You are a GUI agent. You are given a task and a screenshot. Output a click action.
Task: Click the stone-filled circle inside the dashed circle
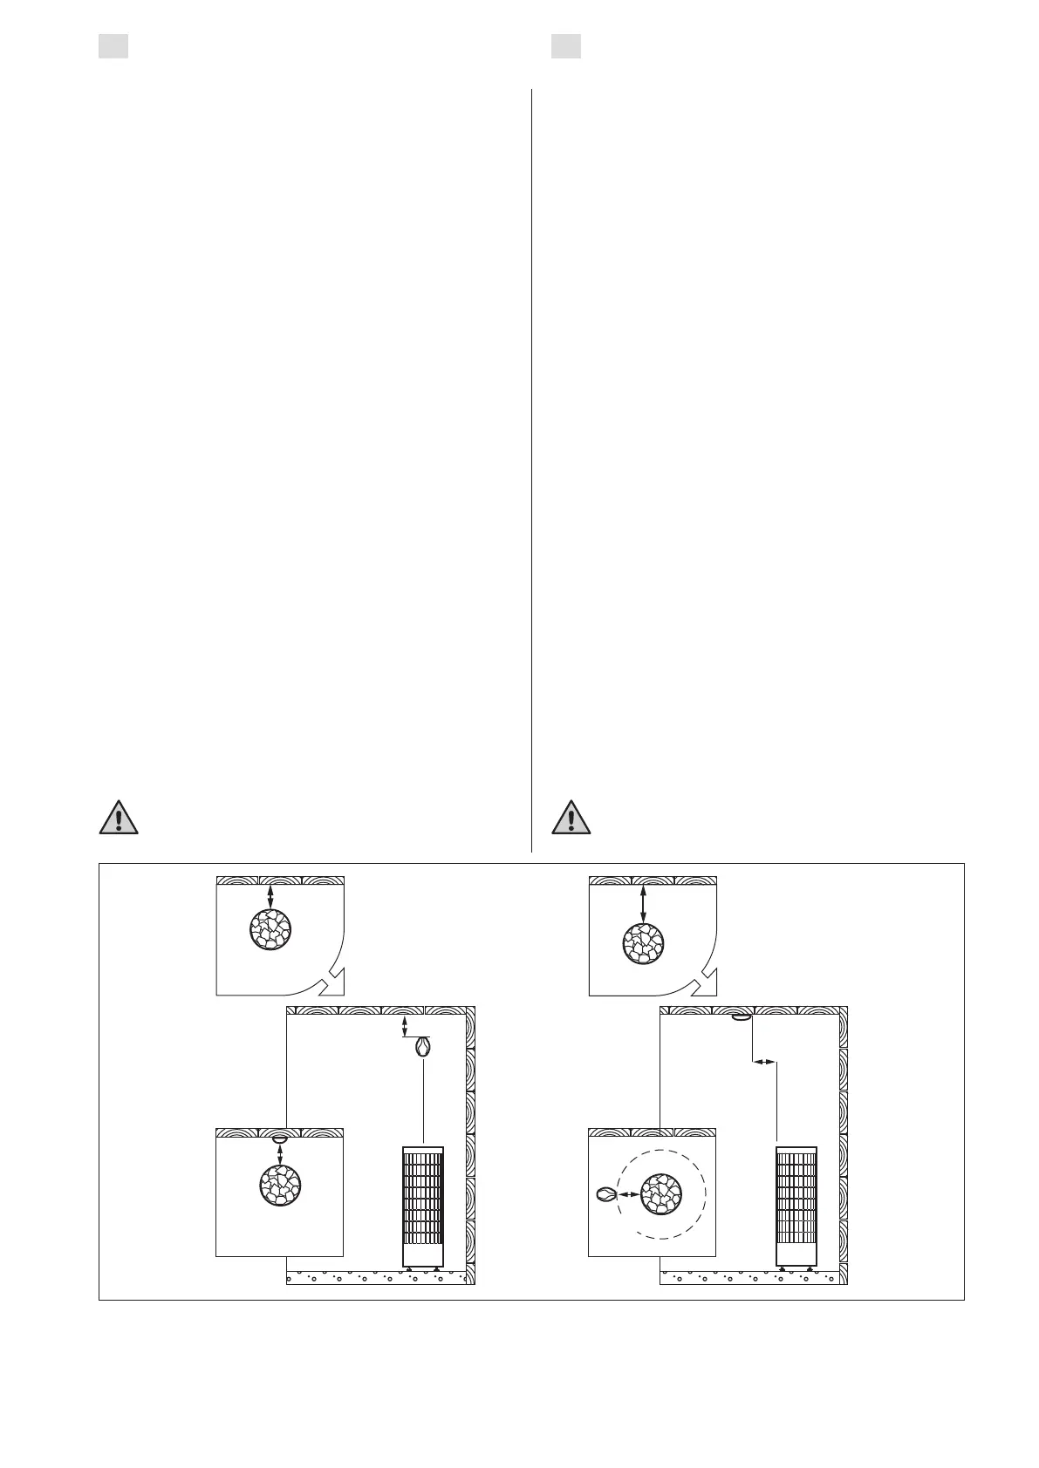pyautogui.click(x=661, y=1194)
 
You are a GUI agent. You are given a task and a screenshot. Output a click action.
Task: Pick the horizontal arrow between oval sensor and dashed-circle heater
pyautogui.click(x=627, y=1194)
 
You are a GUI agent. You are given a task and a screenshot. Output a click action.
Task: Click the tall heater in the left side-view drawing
pyautogui.click(x=423, y=1206)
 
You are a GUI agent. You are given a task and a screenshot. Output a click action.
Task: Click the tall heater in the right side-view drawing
pyautogui.click(x=796, y=1206)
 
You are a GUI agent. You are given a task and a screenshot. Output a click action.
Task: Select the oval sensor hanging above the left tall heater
pyautogui.click(x=422, y=1046)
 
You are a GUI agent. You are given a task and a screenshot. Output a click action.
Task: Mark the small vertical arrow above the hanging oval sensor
pyautogui.click(x=404, y=1026)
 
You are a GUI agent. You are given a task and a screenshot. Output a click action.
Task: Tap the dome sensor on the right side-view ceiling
pyautogui.click(x=742, y=1017)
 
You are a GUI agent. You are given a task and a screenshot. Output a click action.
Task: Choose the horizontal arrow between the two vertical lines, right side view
pyautogui.click(x=764, y=1062)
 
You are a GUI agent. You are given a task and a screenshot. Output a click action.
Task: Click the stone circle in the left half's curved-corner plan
pyautogui.click(x=270, y=929)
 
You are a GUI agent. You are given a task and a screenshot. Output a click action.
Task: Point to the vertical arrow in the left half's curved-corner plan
pyautogui.click(x=270, y=896)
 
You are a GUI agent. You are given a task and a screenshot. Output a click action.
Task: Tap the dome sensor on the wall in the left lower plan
pyautogui.click(x=279, y=1139)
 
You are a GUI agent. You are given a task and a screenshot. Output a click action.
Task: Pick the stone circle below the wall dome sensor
pyautogui.click(x=280, y=1186)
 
